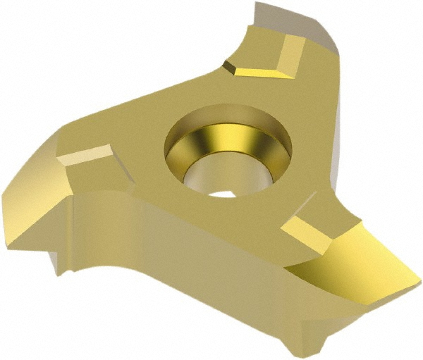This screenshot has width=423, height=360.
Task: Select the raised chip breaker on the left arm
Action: [88, 156]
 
